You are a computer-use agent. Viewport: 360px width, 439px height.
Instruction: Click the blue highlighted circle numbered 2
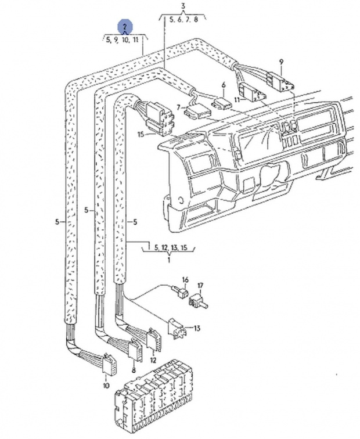pos(125,26)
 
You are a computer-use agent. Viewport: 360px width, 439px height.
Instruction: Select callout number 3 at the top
pos(183,6)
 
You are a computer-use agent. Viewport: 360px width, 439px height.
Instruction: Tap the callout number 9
pos(281,62)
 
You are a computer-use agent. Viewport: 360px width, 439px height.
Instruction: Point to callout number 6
pos(224,85)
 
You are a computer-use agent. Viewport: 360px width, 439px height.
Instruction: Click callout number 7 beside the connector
pos(178,107)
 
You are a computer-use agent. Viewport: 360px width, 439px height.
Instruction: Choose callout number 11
pos(237,99)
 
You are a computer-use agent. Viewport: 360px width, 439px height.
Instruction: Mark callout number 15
pos(141,134)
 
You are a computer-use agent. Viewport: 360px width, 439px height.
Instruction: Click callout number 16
pos(186,280)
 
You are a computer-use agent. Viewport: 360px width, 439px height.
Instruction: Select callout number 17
pos(200,286)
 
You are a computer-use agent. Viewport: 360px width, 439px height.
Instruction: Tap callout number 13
pos(197,328)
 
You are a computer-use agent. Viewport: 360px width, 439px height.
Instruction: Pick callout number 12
pos(153,361)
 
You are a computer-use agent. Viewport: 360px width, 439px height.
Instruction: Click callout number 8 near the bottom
pos(134,370)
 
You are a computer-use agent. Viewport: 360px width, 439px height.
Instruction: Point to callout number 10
pos(106,386)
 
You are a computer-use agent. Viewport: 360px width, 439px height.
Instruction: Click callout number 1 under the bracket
pos(169,260)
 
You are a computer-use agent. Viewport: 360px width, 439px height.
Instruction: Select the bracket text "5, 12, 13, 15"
pos(171,247)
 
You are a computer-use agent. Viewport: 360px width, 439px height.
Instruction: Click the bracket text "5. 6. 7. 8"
pos(183,20)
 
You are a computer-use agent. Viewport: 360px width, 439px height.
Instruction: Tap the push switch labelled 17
pos(198,301)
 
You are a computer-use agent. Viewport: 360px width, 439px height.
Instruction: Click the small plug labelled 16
pos(181,292)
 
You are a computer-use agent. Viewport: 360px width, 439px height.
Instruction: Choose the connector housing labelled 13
pos(176,328)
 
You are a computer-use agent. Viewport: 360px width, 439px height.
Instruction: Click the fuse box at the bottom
pos(154,398)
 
